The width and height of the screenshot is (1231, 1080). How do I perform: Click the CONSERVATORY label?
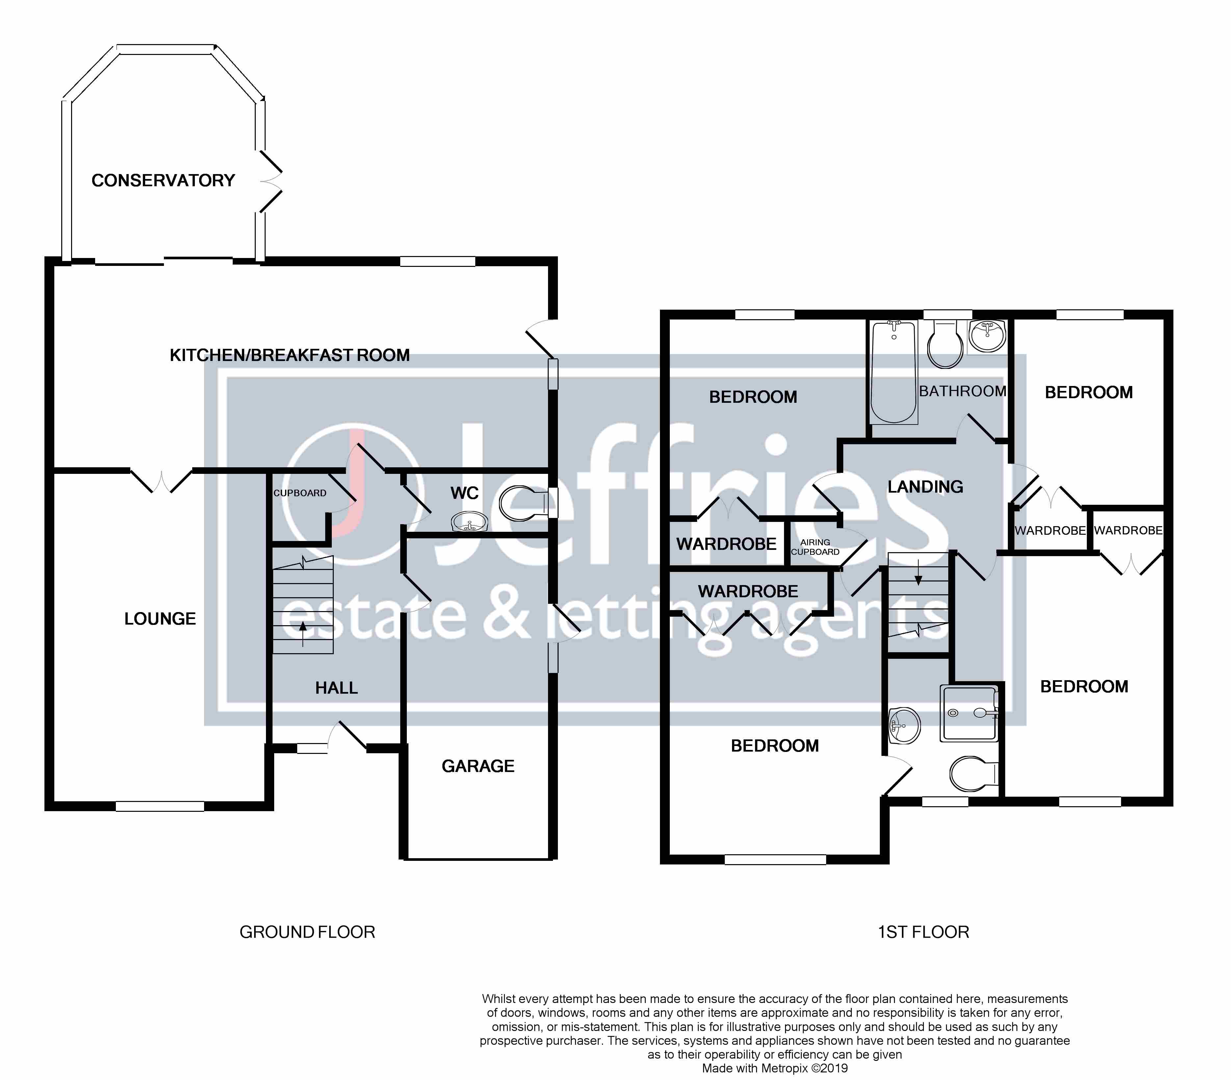click(x=163, y=181)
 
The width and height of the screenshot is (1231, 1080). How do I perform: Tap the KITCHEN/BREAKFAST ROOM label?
click(x=290, y=355)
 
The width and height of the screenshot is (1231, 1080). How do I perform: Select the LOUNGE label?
click(x=160, y=619)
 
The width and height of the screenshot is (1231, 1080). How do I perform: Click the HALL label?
click(x=337, y=688)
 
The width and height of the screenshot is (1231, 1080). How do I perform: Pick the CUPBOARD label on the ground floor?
click(x=300, y=493)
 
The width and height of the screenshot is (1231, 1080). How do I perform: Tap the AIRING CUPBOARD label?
click(x=815, y=547)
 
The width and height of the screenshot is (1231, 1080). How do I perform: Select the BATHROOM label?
click(x=962, y=391)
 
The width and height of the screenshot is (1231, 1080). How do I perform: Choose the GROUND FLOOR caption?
click(x=307, y=933)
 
